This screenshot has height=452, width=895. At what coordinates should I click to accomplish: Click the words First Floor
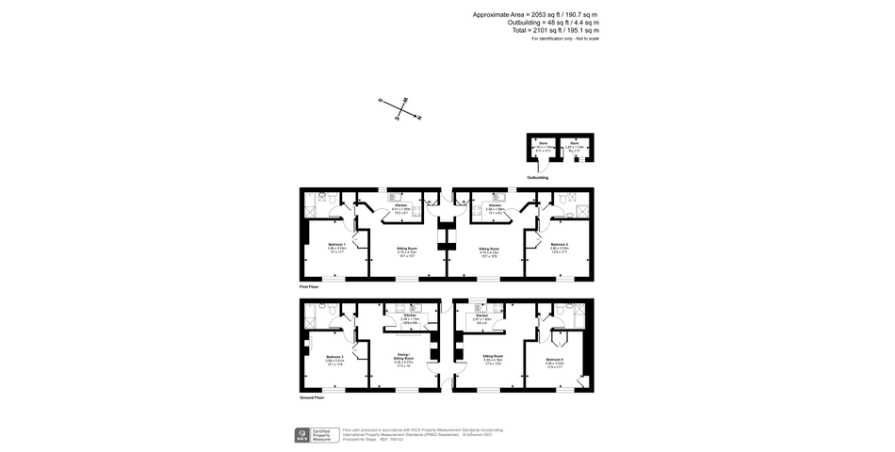(309, 285)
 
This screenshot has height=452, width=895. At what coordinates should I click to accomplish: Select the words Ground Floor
(311, 397)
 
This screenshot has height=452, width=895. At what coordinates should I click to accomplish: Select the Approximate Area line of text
(535, 15)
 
